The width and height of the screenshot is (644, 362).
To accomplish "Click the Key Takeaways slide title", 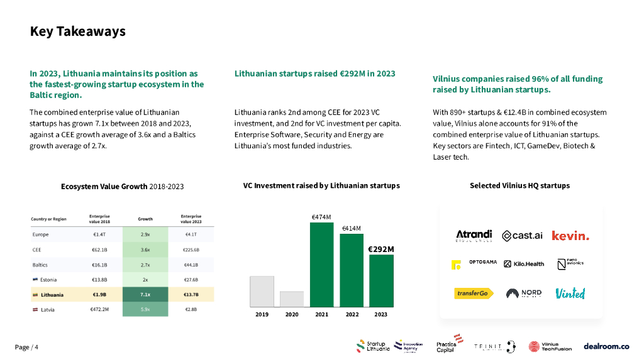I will (77, 31).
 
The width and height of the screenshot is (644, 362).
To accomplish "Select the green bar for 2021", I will (321, 264).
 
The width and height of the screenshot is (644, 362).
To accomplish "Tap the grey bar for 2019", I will (262, 291).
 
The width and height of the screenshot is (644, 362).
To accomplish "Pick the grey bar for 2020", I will (292, 299).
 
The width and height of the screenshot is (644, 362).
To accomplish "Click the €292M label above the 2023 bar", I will (381, 249).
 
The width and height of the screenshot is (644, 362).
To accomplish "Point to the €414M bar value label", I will (351, 228).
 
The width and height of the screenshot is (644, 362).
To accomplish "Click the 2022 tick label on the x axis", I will (352, 314).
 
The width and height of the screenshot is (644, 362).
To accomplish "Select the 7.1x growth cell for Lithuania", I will (145, 295).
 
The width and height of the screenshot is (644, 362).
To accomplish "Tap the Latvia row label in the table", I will (45, 310).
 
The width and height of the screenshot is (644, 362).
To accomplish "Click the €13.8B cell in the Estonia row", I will (99, 280).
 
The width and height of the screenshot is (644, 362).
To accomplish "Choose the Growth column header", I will (145, 219).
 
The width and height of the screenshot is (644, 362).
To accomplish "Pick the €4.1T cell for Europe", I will (191, 234).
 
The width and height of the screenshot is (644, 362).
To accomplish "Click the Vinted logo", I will (570, 293).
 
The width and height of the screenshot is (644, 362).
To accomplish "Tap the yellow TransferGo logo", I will (474, 293).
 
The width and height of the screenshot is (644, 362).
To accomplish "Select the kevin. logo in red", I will (570, 236).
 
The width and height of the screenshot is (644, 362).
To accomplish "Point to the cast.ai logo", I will (522, 236).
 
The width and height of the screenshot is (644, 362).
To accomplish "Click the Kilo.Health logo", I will (524, 264).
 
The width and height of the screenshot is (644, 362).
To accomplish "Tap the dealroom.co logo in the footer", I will (606, 346).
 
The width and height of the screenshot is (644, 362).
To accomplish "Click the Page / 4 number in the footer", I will (26, 348).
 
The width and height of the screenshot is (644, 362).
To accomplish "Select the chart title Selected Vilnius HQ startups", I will (519, 185).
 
